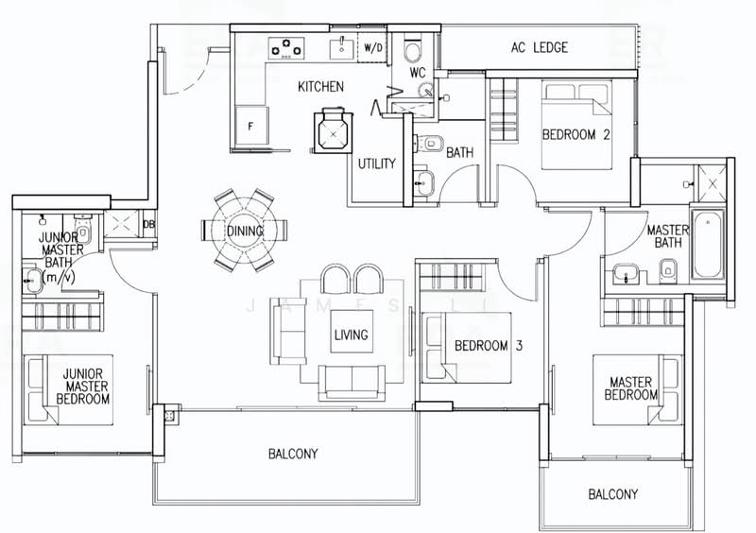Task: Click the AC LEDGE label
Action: click(540, 47)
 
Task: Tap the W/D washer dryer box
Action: click(372, 48)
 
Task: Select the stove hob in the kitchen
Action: click(286, 49)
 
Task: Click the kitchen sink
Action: click(342, 47)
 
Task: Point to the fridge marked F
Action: click(250, 125)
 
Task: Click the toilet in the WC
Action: click(413, 50)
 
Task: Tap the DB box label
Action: click(148, 224)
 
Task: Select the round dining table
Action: click(244, 230)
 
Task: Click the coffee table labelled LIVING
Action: click(352, 333)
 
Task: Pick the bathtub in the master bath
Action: click(708, 244)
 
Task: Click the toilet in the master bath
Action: click(667, 269)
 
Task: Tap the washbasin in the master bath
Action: click(626, 274)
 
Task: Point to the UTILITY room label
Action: click(376, 163)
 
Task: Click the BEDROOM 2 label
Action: click(576, 134)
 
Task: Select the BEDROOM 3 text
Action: click(489, 345)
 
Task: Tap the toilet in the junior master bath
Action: click(83, 230)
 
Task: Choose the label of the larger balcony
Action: click(293, 454)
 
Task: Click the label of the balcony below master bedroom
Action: click(612, 494)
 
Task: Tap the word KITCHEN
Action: click(320, 87)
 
